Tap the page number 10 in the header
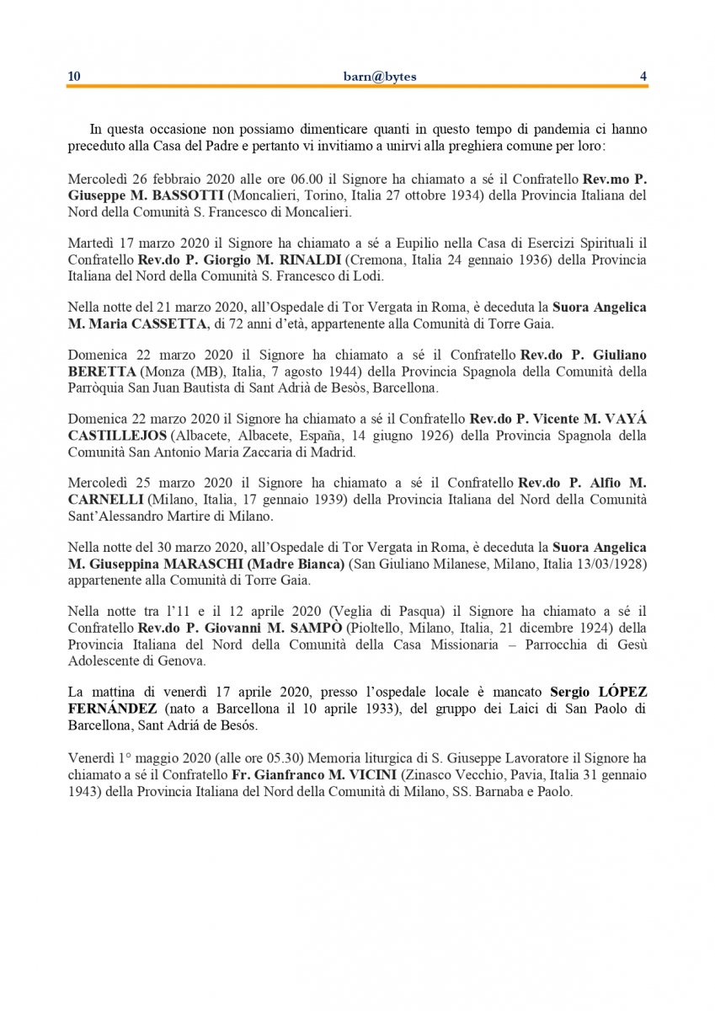pyautogui.click(x=74, y=77)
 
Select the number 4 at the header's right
pyautogui.click(x=643, y=77)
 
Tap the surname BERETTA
pyautogui.click(x=101, y=372)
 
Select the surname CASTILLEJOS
pyautogui.click(x=118, y=436)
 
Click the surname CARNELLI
pyautogui.click(x=105, y=500)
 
